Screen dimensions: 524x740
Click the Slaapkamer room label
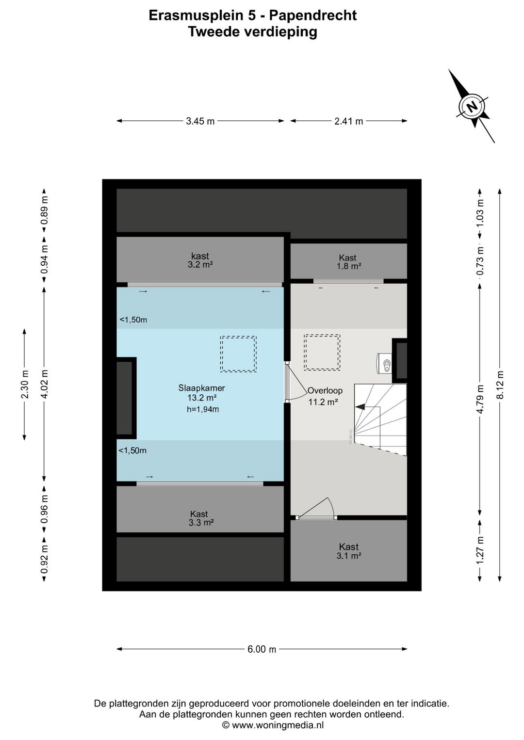pyautogui.click(x=202, y=388)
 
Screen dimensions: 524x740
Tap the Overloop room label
pyautogui.click(x=325, y=390)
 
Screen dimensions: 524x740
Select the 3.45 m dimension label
pyautogui.click(x=200, y=121)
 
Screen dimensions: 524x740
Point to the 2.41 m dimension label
pyautogui.click(x=348, y=121)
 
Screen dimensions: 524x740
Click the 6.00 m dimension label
pyautogui.click(x=262, y=649)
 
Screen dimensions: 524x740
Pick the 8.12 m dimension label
pyautogui.click(x=500, y=385)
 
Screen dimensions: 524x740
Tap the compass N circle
pyautogui.click(x=471, y=106)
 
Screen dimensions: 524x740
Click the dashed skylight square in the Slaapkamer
pyautogui.click(x=238, y=354)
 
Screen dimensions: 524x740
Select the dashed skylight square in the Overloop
pyautogui.click(x=322, y=352)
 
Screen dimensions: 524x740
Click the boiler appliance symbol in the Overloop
pyautogui.click(x=384, y=363)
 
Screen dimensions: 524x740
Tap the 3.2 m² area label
pyautogui.click(x=200, y=265)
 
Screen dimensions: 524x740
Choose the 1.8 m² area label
pyautogui.click(x=348, y=266)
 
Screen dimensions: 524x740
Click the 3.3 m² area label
pyautogui.click(x=201, y=522)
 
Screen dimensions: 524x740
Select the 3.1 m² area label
pyautogui.click(x=348, y=556)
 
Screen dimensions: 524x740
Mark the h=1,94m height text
pyautogui.click(x=203, y=409)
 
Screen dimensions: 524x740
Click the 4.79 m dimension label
pyautogui.click(x=480, y=399)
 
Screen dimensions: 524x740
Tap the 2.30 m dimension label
pyautogui.click(x=24, y=384)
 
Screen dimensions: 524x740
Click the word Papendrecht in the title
pyautogui.click(x=312, y=16)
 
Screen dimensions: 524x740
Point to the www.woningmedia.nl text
pyautogui.click(x=278, y=725)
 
